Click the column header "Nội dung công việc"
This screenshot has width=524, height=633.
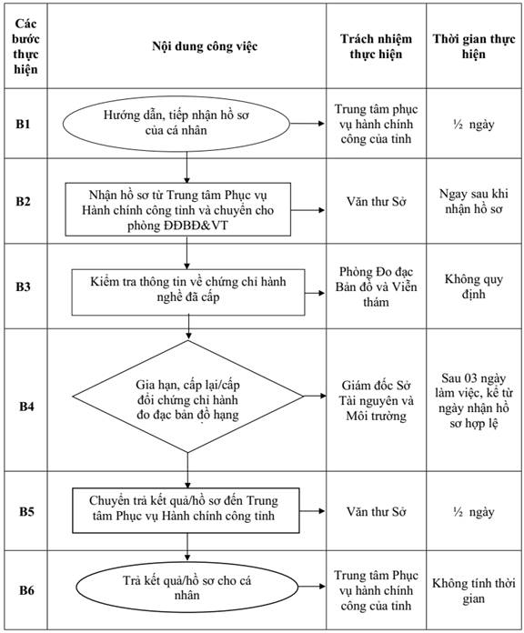click(x=205, y=46)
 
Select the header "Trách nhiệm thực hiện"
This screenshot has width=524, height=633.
click(x=376, y=46)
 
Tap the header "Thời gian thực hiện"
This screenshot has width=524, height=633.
click(x=474, y=46)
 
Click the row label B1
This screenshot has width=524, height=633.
click(x=23, y=124)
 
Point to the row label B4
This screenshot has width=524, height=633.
click(x=26, y=407)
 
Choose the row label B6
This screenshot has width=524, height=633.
click(x=26, y=590)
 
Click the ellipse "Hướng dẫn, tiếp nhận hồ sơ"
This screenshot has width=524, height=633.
click(x=176, y=124)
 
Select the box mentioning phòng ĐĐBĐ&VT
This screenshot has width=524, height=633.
click(x=178, y=209)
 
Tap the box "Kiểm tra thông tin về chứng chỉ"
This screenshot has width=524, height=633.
click(x=188, y=292)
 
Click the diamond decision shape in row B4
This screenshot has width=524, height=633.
click(x=187, y=397)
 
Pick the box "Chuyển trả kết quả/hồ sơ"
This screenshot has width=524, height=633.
click(x=186, y=510)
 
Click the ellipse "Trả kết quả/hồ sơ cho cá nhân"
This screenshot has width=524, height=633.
click(x=186, y=588)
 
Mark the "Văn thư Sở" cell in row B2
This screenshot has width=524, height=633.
click(x=377, y=201)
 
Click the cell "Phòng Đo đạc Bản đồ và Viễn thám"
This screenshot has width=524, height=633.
click(x=376, y=286)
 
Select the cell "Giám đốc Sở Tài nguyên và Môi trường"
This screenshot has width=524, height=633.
click(x=377, y=400)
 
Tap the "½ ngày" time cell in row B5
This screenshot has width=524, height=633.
click(x=474, y=512)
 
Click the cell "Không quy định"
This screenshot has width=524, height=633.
click(x=474, y=286)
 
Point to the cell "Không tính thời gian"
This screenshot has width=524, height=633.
click(x=474, y=590)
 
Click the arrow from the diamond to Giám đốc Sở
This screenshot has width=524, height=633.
click(x=315, y=396)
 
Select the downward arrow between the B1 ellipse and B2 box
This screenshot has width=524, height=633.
click(x=186, y=167)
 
